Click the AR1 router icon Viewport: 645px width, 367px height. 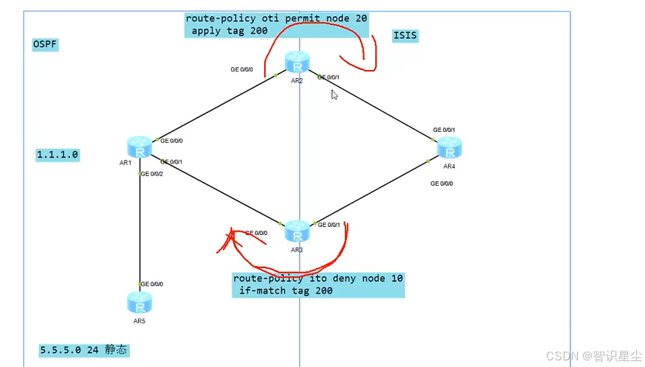click(138, 146)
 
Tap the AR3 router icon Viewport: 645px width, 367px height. click(297, 231)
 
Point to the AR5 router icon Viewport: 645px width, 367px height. click(138, 302)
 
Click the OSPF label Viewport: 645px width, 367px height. click(45, 44)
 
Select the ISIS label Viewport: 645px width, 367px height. click(406, 35)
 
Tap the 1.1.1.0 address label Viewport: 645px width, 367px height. click(58, 155)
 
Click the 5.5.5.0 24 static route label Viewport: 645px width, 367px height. click(84, 349)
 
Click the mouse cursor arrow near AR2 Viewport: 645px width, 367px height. click(334, 94)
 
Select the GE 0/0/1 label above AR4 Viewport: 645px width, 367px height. click(444, 130)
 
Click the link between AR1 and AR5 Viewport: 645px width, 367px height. click(139, 228)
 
